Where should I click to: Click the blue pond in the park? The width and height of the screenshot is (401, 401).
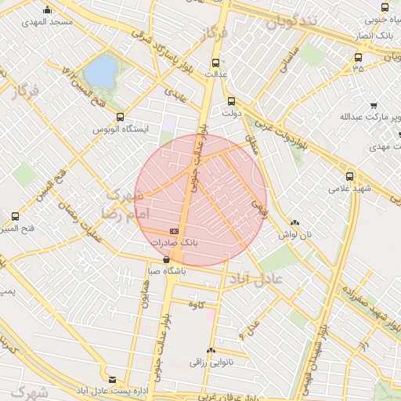[x=99, y=73]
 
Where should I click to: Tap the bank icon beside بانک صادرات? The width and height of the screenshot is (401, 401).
[x=174, y=231]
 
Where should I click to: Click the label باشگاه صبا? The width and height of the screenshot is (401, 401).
[x=166, y=272]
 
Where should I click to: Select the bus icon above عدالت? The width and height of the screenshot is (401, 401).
[x=216, y=63]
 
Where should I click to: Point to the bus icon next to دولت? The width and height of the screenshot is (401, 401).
[x=230, y=101]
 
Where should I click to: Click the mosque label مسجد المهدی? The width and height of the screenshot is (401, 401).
[x=49, y=22]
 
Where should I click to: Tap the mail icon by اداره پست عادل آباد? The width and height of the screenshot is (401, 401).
[x=112, y=379]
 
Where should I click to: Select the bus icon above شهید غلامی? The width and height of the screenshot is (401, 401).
[x=349, y=177]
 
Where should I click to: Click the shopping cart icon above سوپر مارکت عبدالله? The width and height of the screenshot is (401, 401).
[x=374, y=105]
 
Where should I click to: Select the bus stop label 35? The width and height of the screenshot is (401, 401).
[x=358, y=68]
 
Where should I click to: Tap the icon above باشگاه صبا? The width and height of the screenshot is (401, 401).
[x=166, y=259]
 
